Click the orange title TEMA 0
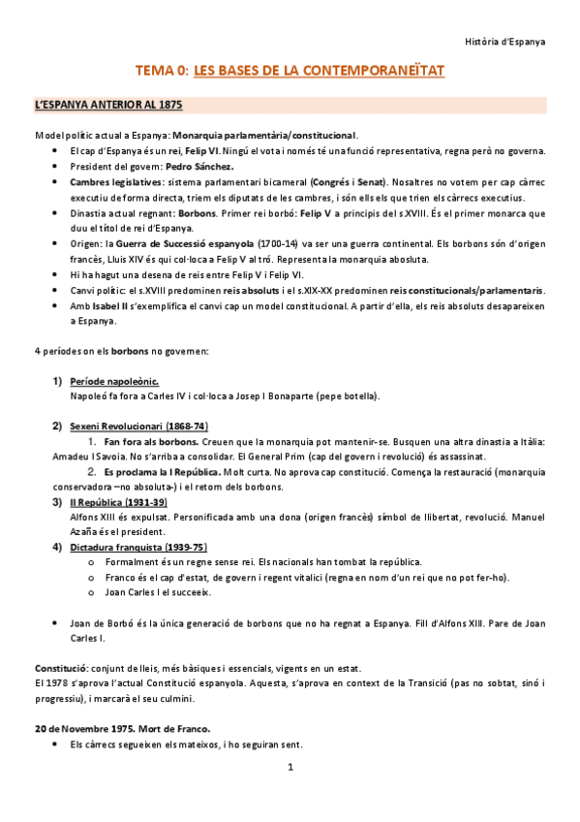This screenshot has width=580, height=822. point(161,71)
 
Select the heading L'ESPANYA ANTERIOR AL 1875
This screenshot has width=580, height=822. point(108,104)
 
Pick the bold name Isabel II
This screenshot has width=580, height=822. point(113,305)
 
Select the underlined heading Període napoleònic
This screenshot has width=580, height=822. point(115,381)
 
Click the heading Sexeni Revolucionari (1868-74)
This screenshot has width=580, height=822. point(139,427)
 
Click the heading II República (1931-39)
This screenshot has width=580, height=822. point(119,502)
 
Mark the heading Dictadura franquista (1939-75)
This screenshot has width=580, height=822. point(137,547)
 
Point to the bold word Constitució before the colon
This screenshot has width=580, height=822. point(61,668)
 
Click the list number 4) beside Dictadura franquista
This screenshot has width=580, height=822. point(57,547)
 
